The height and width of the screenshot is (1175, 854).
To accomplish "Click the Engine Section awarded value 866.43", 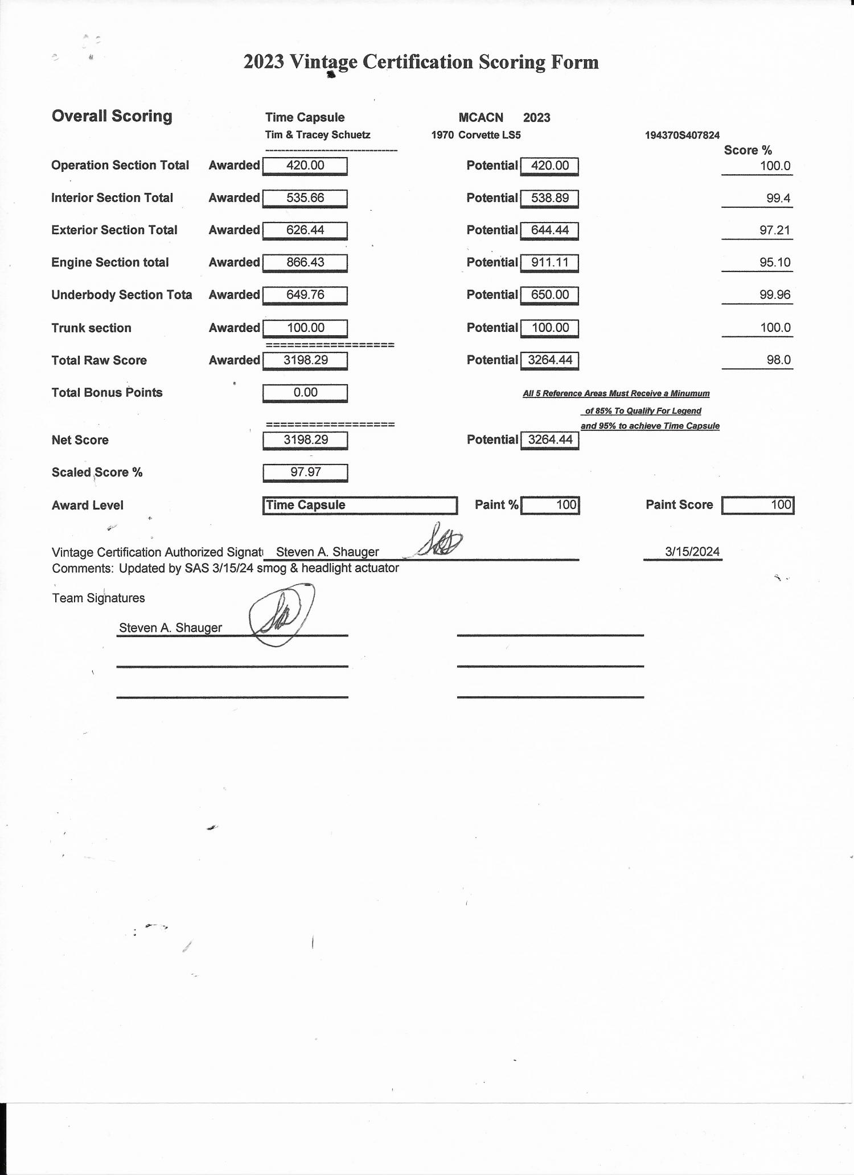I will click(x=305, y=262).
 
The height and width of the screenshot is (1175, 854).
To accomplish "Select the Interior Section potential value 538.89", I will click(x=549, y=198).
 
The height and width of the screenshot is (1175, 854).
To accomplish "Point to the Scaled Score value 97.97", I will click(x=305, y=472).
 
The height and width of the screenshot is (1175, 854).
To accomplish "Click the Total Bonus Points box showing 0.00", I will click(x=305, y=393).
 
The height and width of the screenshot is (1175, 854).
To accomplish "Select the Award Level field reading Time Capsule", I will click(x=360, y=505).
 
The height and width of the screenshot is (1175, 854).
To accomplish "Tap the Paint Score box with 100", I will click(x=757, y=505).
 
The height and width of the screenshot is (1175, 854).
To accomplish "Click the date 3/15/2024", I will click(x=692, y=552).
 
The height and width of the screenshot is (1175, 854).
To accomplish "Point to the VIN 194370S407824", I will click(x=682, y=135).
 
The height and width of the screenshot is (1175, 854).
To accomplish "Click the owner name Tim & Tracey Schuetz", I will click(x=318, y=135).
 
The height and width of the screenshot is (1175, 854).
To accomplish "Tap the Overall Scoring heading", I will click(x=112, y=116).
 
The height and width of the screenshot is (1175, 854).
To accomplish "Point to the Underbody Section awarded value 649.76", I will click(x=305, y=295).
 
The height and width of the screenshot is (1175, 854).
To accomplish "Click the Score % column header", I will click(x=748, y=150).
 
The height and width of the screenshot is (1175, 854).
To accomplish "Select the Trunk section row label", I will click(x=91, y=328).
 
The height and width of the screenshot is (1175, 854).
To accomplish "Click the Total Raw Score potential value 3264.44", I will click(x=549, y=360).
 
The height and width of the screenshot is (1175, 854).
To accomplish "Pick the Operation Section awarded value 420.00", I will click(x=305, y=166).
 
